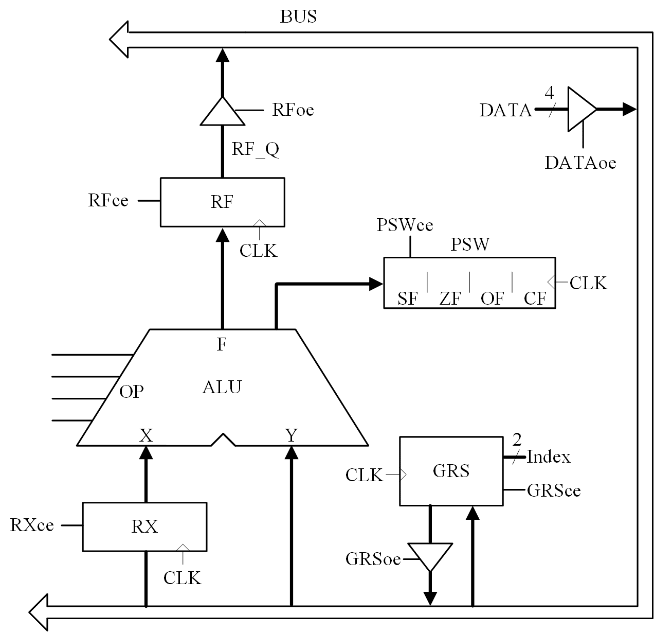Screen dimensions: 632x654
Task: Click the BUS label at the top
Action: [298, 16]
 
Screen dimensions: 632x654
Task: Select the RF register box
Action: [222, 202]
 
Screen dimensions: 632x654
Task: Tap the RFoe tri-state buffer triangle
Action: [222, 112]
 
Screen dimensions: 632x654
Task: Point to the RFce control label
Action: [108, 200]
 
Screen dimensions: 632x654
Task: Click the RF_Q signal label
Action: [255, 149]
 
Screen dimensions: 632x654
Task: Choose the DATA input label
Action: [505, 110]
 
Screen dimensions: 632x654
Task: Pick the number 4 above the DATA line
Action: [550, 94]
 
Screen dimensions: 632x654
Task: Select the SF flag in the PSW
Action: [408, 299]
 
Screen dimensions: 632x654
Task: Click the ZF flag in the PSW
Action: [450, 299]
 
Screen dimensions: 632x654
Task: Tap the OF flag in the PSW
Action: [492, 299]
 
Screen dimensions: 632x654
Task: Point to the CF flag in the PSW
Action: [535, 299]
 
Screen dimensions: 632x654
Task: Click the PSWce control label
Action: [405, 225]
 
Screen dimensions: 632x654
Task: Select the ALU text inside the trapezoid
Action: [222, 387]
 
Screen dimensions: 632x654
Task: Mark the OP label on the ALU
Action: [131, 392]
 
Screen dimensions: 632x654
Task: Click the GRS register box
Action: [451, 471]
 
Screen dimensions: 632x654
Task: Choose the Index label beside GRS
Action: [549, 457]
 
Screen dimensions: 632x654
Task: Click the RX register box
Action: [144, 526]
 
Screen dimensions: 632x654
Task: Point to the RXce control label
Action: [32, 525]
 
